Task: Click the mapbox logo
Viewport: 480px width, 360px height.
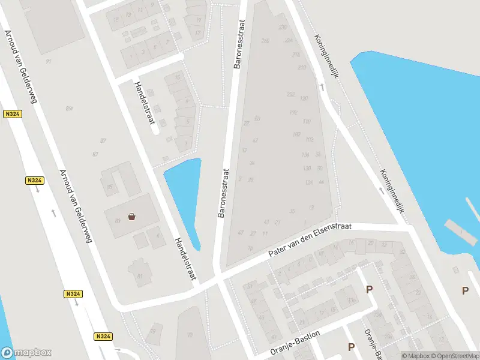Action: click(x=26, y=353)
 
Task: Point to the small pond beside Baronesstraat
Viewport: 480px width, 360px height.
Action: click(x=184, y=192)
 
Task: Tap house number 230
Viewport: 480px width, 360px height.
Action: click(x=283, y=27)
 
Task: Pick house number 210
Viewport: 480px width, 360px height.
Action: click(x=302, y=67)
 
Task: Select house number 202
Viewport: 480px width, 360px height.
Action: click(x=291, y=94)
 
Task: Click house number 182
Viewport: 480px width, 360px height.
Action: click(x=296, y=134)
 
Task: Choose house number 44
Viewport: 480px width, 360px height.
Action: click(x=322, y=182)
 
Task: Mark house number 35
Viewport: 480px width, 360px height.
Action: click(x=292, y=211)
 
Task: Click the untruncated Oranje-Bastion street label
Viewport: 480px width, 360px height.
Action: click(x=295, y=343)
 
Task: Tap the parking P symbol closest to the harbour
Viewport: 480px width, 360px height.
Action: click(x=465, y=290)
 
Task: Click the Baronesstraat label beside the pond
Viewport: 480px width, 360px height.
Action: click(x=223, y=192)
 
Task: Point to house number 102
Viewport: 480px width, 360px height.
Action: click(x=310, y=139)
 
